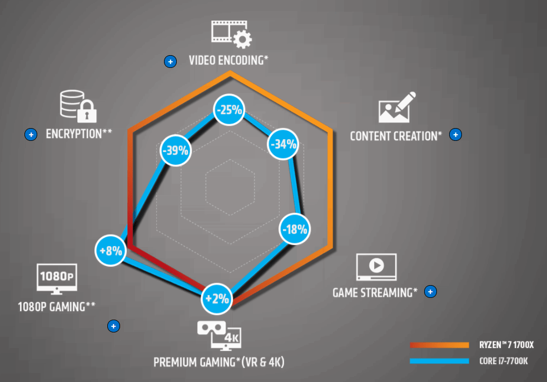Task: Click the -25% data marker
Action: coord(230,110)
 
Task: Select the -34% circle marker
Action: coord(284,145)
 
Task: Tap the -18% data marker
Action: coord(294,229)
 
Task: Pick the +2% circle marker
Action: coord(216,298)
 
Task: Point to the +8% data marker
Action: coord(111,251)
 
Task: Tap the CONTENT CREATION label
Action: coord(396,135)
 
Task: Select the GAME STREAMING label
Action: coord(375,292)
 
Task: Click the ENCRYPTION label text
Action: coord(79,134)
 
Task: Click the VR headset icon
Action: coord(211,328)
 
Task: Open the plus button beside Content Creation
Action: coord(455,134)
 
